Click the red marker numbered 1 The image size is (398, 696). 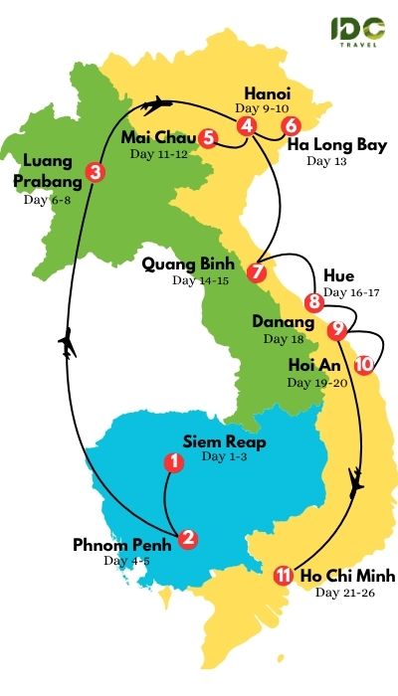click(174, 462)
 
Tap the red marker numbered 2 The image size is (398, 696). click(188, 539)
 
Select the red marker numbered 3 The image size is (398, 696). click(95, 172)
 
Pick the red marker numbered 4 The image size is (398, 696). click(246, 126)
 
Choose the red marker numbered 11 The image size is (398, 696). click(284, 575)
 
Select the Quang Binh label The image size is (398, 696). click(188, 265)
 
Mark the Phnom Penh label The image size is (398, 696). click(122, 545)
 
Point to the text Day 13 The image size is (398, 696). click(324, 161)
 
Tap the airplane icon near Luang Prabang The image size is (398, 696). click(68, 344)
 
